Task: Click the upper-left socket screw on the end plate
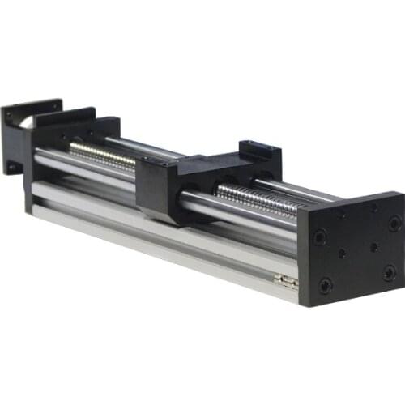(321, 237)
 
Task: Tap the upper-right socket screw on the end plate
(394, 223)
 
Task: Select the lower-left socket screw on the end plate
(326, 285)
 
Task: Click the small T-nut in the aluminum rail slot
(286, 280)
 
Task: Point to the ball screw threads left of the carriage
(101, 154)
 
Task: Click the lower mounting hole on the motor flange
(13, 166)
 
